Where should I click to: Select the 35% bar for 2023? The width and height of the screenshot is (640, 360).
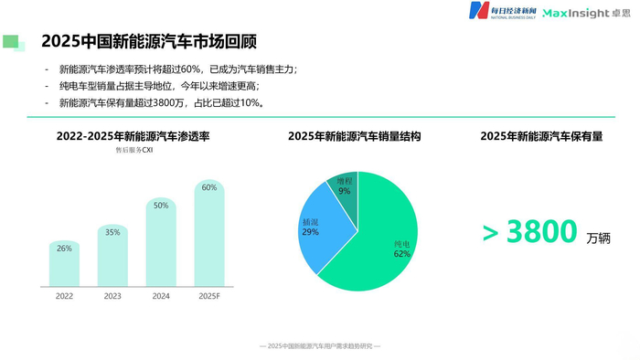[112, 256]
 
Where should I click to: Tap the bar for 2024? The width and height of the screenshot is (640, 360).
[161, 243]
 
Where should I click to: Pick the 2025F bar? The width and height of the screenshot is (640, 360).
[209, 233]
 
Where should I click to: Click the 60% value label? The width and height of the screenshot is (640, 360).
[209, 187]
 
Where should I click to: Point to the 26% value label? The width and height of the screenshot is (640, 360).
[65, 249]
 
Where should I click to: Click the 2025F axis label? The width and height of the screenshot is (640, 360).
[209, 296]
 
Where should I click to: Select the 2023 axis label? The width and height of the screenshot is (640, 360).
[112, 296]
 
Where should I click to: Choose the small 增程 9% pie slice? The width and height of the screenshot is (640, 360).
[344, 186]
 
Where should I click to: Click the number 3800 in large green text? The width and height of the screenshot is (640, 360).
[540, 232]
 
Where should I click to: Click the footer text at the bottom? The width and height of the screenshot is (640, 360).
[320, 346]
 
